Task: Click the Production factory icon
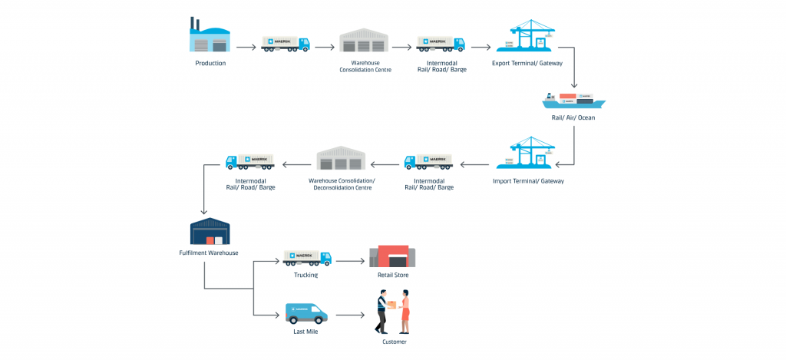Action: (210, 36)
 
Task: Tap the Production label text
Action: (210, 63)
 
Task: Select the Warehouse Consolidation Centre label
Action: (365, 66)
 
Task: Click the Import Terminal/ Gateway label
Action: (528, 181)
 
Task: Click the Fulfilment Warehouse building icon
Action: (210, 232)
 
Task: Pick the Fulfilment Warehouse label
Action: (209, 252)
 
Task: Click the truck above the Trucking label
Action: (307, 258)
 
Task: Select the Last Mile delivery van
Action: (306, 314)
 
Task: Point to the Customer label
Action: (395, 342)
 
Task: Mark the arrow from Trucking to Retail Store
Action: (350, 261)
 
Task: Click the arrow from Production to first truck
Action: (246, 48)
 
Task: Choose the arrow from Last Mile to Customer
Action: (350, 315)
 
